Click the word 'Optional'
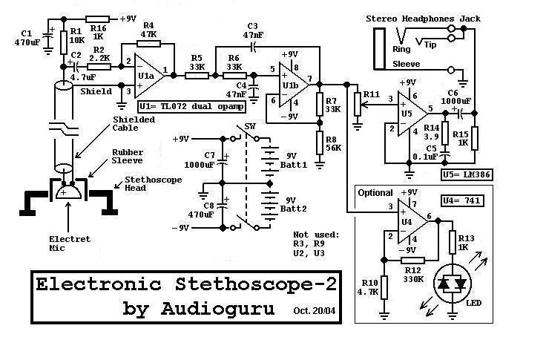(x=375, y=193)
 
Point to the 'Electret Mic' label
(x=68, y=243)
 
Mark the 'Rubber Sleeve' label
(x=128, y=158)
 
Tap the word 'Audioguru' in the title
(x=217, y=308)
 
